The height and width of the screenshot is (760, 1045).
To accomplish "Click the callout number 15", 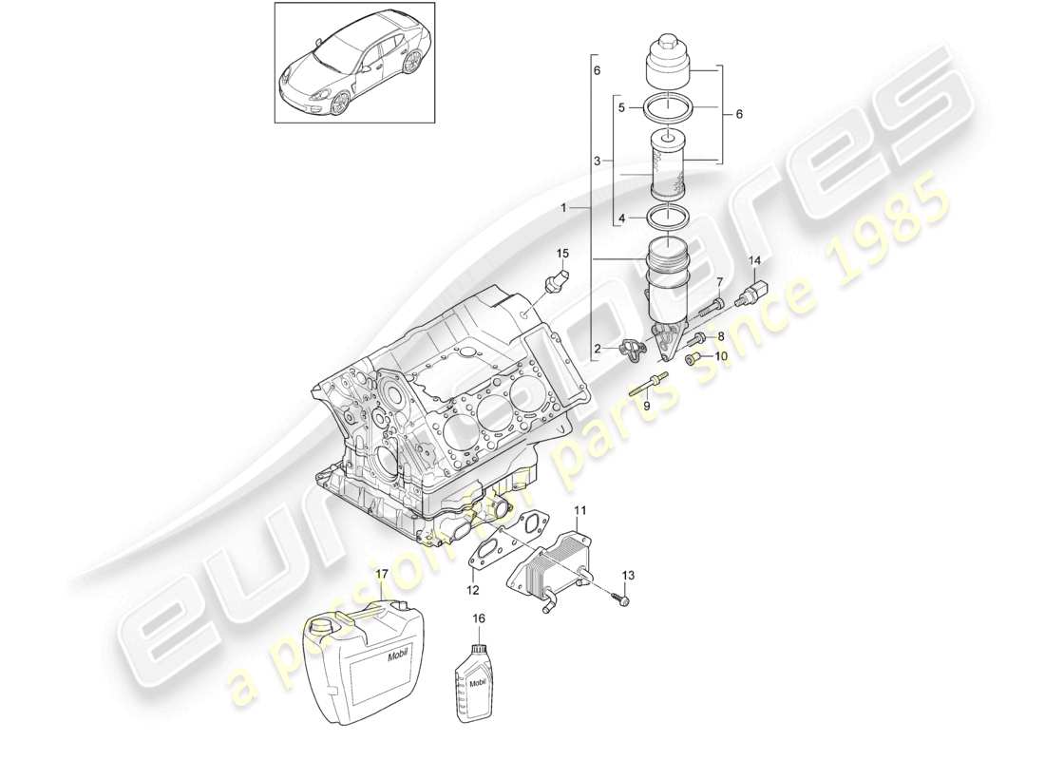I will [x=561, y=253].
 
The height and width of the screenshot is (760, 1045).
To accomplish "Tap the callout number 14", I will [x=755, y=260].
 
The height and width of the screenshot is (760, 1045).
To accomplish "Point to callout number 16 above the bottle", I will [x=479, y=618].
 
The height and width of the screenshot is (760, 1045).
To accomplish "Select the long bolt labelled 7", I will [x=713, y=307].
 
